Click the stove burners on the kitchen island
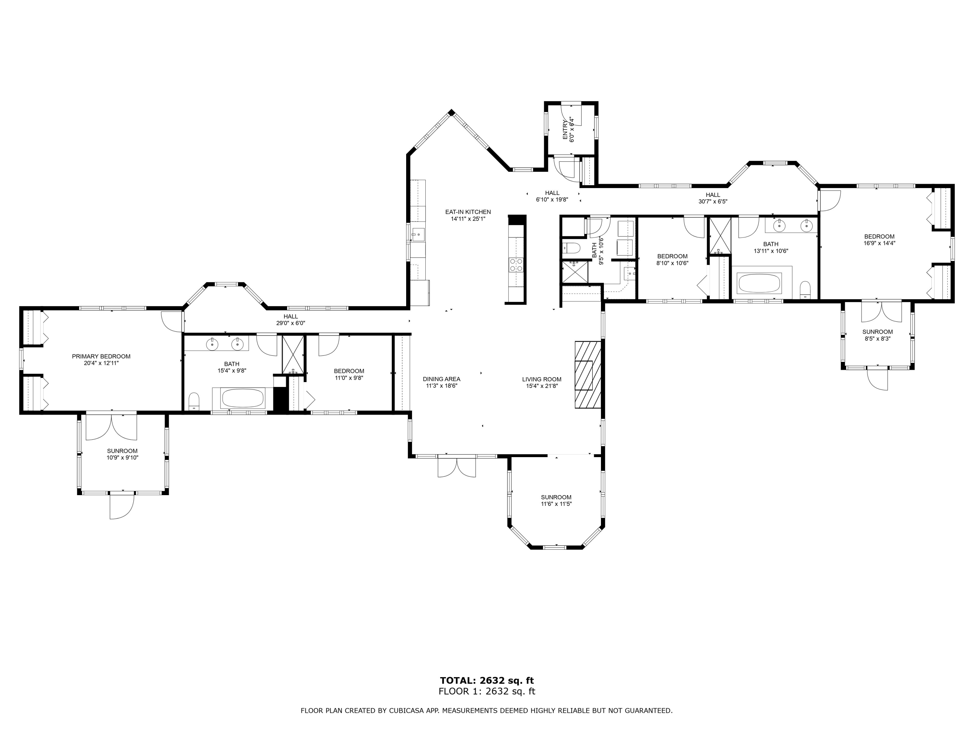point(516,264)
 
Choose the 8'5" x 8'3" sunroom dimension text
point(878,339)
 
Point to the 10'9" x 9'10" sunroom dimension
point(122,457)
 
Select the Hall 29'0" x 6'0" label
point(291,319)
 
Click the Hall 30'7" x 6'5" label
point(713,198)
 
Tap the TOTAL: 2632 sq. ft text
point(487,680)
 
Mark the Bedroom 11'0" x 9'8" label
point(349,374)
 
